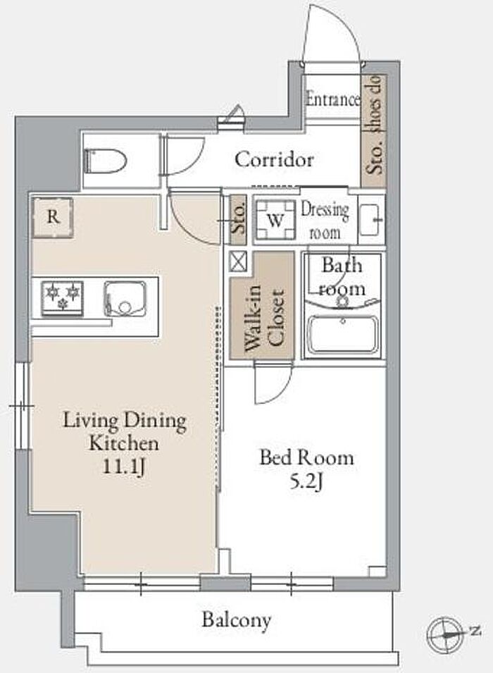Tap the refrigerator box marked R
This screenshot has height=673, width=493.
[x=52, y=217]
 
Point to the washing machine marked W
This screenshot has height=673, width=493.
[x=276, y=219]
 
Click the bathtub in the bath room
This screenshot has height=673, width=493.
[x=342, y=334]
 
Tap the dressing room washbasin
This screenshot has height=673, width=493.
[x=370, y=219]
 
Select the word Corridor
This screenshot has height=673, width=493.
[x=274, y=160]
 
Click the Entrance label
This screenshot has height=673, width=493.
[x=332, y=99]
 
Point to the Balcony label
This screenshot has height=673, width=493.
[x=237, y=619]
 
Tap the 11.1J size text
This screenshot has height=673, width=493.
[x=123, y=467]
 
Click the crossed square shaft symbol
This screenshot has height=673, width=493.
[x=238, y=261]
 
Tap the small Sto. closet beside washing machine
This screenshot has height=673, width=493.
[x=238, y=219]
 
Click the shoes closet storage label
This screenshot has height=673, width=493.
[x=374, y=125]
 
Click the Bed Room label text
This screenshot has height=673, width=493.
[x=307, y=458]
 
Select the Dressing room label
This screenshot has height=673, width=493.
[x=325, y=221]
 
